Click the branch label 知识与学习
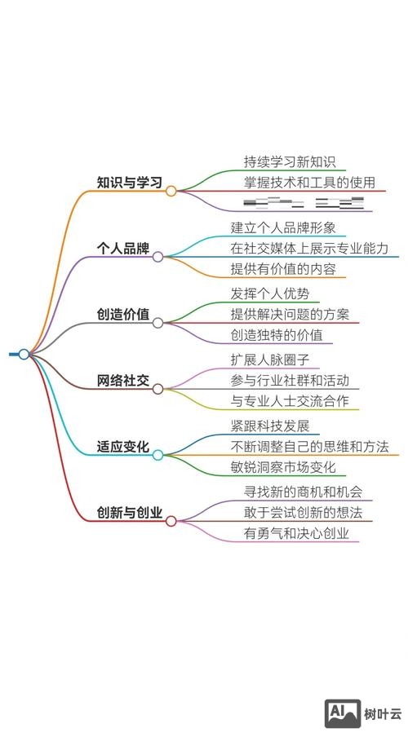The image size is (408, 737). (x=129, y=182)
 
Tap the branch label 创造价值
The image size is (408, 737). (x=122, y=315)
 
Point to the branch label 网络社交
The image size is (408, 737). (x=122, y=381)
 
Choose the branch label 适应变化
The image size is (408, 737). (x=122, y=447)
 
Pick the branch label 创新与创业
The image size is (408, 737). (x=129, y=514)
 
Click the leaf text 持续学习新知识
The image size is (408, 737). (x=290, y=161)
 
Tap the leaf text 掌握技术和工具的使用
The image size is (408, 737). (x=309, y=182)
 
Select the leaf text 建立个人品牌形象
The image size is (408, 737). (x=283, y=227)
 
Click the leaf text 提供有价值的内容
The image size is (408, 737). (x=283, y=269)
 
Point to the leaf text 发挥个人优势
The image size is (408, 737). (x=270, y=293)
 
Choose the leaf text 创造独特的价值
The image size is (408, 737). (x=277, y=335)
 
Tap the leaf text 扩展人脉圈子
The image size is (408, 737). (x=270, y=360)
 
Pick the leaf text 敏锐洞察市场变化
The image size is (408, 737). (x=283, y=468)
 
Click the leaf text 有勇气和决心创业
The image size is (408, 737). (x=296, y=534)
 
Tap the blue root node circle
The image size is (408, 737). (x=24, y=354)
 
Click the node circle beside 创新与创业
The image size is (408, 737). (x=171, y=521)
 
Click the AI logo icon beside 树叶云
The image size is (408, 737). (x=344, y=713)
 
